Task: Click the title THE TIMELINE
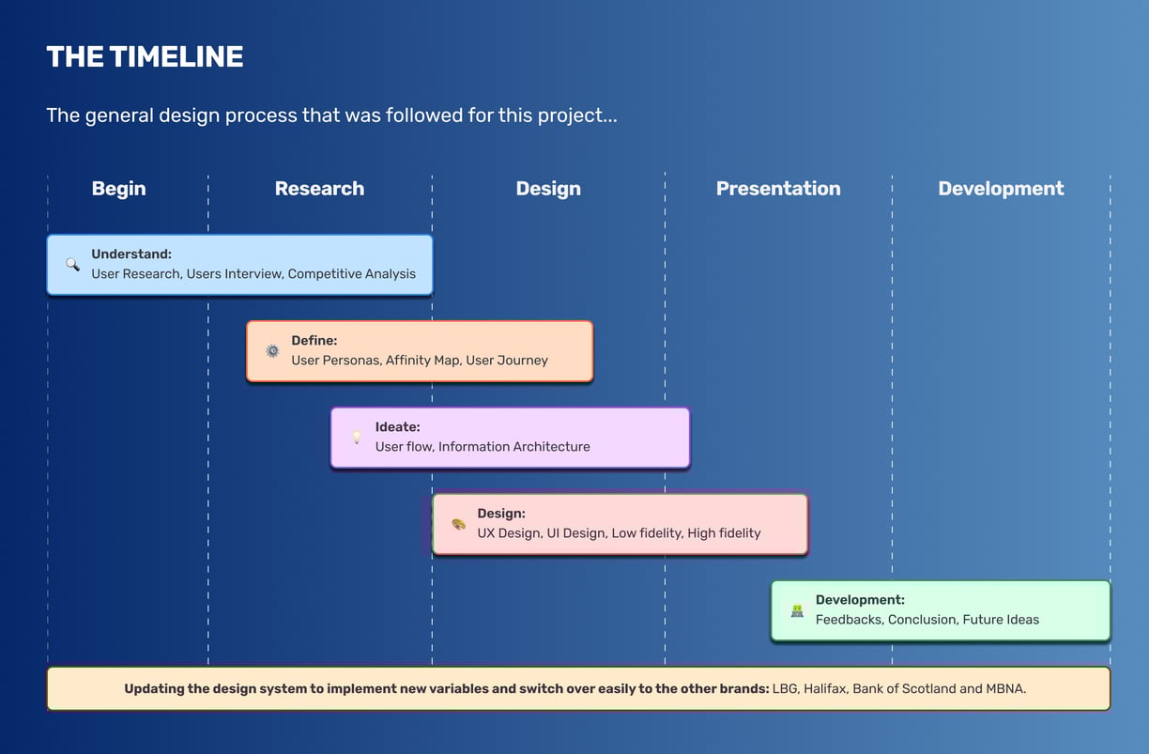click(145, 56)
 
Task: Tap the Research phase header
click(319, 188)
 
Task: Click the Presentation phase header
click(778, 188)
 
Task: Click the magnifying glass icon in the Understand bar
click(72, 264)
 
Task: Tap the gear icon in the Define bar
click(272, 351)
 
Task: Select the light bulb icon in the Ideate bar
click(357, 437)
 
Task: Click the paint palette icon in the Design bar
click(459, 524)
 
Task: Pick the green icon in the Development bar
click(797, 610)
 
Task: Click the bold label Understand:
click(131, 254)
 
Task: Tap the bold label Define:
click(314, 340)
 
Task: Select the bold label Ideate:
click(397, 426)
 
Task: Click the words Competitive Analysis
click(352, 274)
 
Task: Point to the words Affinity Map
click(423, 360)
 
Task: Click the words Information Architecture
click(514, 446)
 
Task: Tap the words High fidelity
click(724, 533)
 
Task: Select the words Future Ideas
click(1001, 619)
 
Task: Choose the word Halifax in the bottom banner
click(825, 688)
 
